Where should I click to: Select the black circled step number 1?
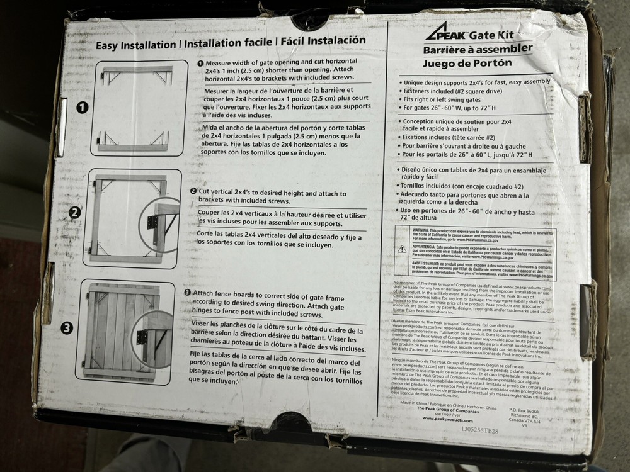pos(82,107)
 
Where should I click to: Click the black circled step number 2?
pos(75,212)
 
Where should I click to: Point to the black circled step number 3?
pos(67,327)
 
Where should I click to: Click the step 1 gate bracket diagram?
pos(137,108)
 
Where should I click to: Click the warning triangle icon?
pos(401,249)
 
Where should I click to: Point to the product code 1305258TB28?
pos(479,430)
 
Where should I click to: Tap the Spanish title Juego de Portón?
pos(467,63)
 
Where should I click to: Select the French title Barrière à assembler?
pos(478,49)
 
